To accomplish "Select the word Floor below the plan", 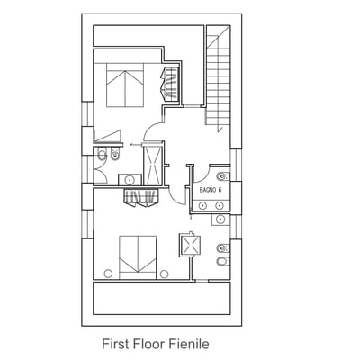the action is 148,344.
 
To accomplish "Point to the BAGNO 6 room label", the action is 211,190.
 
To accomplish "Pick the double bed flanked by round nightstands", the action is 138,257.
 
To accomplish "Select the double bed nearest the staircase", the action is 125,85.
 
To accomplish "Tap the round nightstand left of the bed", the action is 108,274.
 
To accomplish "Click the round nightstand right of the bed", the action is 164,274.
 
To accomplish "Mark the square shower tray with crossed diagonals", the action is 190,245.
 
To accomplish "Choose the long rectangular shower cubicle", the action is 153,166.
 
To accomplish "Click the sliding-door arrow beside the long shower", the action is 136,145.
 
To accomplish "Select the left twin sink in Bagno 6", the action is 202,205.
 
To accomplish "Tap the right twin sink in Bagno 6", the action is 220,205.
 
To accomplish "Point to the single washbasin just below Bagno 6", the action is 220,220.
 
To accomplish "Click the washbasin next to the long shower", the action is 130,180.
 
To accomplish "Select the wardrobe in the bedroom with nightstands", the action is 141,198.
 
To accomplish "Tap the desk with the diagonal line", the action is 107,136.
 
